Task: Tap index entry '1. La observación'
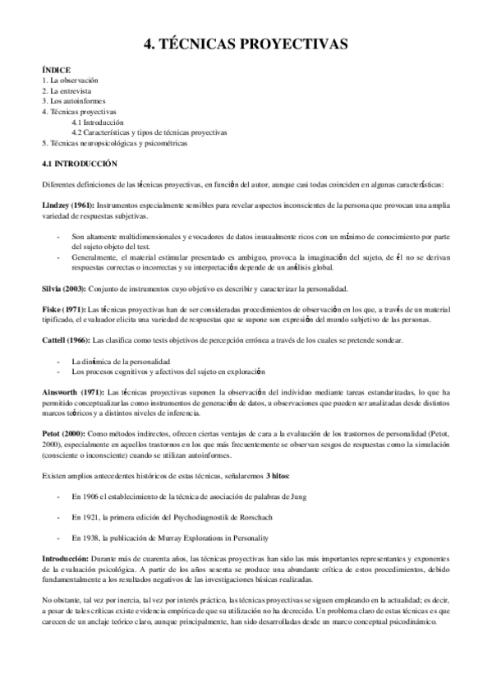70,81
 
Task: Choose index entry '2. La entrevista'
68,90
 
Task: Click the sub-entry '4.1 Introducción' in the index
98,122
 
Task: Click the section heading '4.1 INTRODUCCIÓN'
79,163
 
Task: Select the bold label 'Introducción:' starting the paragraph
65,558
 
